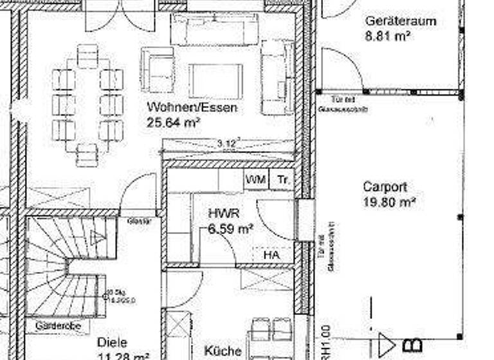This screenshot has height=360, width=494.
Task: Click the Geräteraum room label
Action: [x=400, y=21]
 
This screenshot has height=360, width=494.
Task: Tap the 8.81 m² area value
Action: [x=389, y=36]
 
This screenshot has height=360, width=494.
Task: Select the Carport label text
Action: [x=385, y=187]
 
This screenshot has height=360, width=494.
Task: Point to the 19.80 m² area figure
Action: [x=389, y=202]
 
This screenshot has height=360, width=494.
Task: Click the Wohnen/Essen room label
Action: [x=192, y=107]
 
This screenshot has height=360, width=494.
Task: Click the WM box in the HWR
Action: [x=255, y=181]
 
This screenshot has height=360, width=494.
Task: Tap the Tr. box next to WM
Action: [x=282, y=181]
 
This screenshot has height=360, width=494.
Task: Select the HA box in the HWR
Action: [x=272, y=255]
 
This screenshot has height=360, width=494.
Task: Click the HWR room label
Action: [x=223, y=213]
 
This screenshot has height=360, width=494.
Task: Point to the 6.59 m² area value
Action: [x=230, y=228]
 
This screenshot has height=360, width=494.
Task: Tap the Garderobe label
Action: [x=58, y=326]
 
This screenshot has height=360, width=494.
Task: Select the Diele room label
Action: [x=112, y=343]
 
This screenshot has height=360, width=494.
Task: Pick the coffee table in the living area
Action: [x=215, y=81]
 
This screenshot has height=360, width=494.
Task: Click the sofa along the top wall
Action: [x=214, y=29]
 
